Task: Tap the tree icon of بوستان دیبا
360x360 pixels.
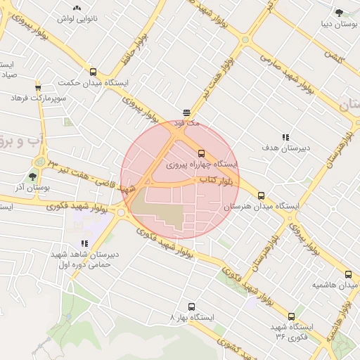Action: click(339, 12)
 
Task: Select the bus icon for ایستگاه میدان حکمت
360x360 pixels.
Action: click(94, 72)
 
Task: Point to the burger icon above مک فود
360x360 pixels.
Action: click(186, 112)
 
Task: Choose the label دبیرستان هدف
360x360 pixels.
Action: click(285, 148)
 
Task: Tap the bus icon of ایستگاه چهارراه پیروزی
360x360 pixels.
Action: click(202, 153)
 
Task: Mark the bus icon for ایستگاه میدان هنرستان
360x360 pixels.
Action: click(262, 195)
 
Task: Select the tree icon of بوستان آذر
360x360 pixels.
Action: click(32, 176)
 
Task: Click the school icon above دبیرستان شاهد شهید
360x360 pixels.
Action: click(84, 243)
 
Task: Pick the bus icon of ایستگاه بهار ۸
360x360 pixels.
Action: click(191, 307)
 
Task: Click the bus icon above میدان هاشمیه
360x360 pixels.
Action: click(348, 274)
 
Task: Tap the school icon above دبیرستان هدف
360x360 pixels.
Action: click(285, 137)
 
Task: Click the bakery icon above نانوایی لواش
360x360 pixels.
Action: click(77, 8)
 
